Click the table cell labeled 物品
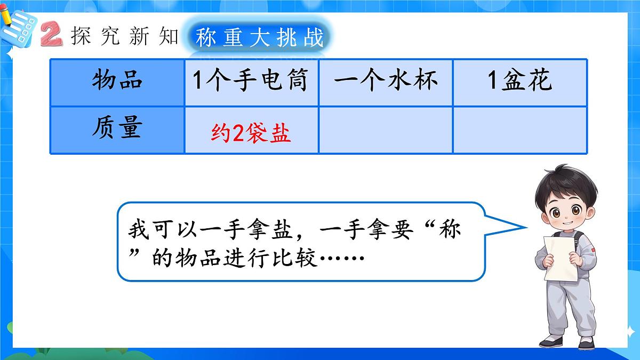[117, 82]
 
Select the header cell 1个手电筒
[251, 82]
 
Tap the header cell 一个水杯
[386, 82]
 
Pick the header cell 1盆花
[520, 82]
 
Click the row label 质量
[117, 130]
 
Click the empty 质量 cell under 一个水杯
[386, 130]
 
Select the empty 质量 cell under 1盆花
[520, 130]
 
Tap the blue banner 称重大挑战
[260, 38]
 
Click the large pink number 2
[52, 35]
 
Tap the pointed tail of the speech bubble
[520, 226]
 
